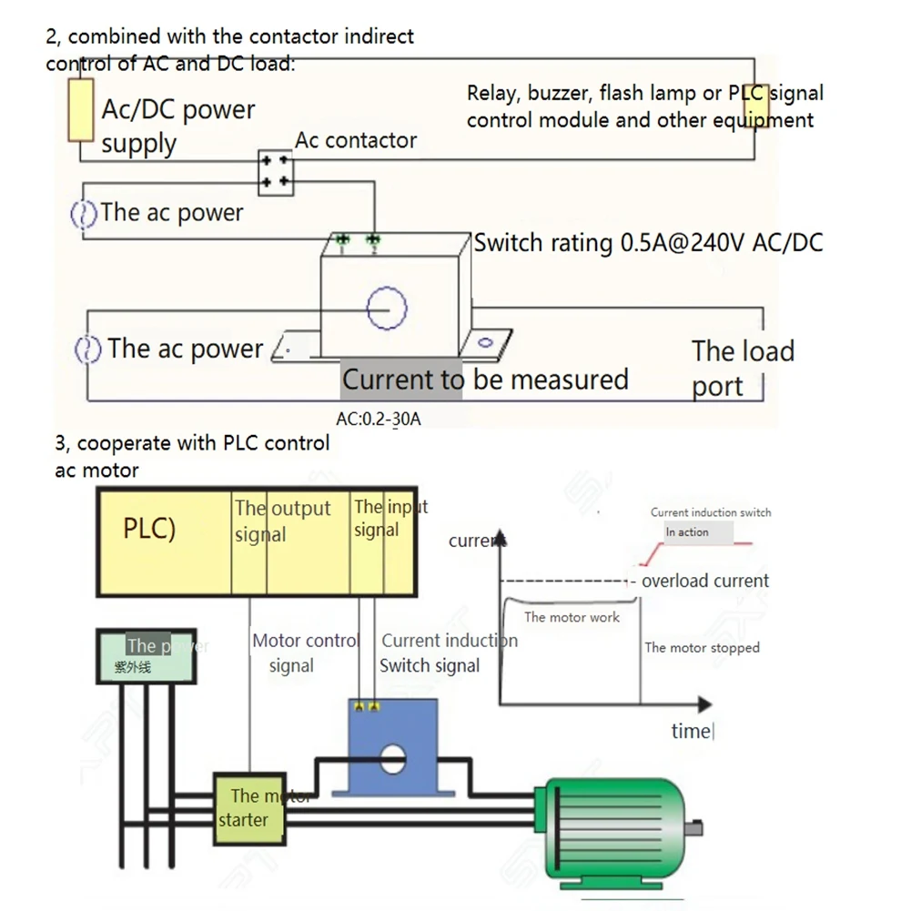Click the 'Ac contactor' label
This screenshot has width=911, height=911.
click(356, 140)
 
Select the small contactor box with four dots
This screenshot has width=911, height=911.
click(276, 171)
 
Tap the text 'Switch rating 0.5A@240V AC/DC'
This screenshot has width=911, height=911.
click(649, 243)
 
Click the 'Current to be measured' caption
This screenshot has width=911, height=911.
click(485, 380)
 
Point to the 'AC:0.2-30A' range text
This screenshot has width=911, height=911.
click(379, 420)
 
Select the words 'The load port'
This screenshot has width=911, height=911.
click(742, 368)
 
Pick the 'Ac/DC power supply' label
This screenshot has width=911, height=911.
click(178, 127)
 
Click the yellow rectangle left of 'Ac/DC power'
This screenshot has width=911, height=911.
click(82, 109)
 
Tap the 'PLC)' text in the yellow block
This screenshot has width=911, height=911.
click(149, 529)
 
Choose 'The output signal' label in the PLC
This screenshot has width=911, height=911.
click(281, 521)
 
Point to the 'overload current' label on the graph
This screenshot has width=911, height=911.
click(705, 581)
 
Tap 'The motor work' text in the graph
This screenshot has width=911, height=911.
click(572, 617)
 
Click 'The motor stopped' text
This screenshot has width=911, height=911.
click(702, 648)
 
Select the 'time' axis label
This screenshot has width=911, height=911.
click(691, 731)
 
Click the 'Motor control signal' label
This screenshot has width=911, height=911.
click(306, 653)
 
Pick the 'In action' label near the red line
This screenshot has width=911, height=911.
click(687, 532)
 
